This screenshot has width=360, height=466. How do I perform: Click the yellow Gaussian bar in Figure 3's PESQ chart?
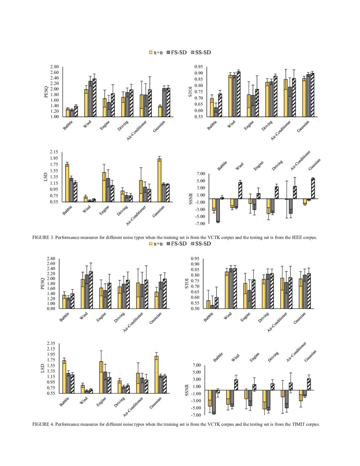pos(160,111)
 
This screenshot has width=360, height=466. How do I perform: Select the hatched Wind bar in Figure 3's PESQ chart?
pos(94,97)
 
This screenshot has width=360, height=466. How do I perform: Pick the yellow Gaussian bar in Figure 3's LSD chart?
pos(159,180)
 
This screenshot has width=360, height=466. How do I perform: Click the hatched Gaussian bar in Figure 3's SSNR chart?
pos(313,189)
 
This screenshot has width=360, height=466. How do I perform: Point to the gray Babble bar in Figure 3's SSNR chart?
pos(218,210)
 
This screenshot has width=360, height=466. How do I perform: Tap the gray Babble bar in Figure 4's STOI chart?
pos(212,307)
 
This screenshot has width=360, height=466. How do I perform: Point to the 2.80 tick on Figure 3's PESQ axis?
pos(54,67)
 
